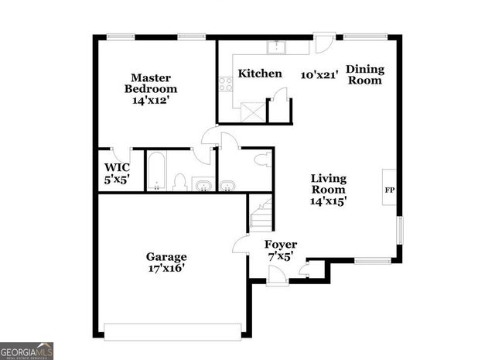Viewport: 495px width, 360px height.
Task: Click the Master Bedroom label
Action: pyautogui.click(x=150, y=83)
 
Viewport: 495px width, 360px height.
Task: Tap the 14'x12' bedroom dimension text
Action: pyautogui.click(x=150, y=99)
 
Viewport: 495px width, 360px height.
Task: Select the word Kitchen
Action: pyautogui.click(x=259, y=74)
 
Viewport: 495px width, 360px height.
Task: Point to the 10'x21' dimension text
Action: pyautogui.click(x=319, y=74)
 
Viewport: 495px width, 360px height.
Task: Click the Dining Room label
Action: pyautogui.click(x=365, y=74)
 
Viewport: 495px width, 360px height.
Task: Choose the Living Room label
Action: pyautogui.click(x=328, y=183)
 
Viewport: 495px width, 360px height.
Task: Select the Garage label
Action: pyautogui.click(x=166, y=256)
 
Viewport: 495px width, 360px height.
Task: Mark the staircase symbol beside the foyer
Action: pyautogui.click(x=261, y=213)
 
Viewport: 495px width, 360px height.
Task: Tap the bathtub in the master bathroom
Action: pyautogui.click(x=156, y=172)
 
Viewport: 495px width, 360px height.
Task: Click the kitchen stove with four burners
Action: pyautogui.click(x=227, y=84)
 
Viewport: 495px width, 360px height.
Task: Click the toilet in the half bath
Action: pyautogui.click(x=261, y=160)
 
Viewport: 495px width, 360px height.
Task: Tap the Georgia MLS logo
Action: pyautogui.click(x=27, y=351)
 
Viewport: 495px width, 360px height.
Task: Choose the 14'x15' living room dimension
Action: pyautogui.click(x=328, y=201)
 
